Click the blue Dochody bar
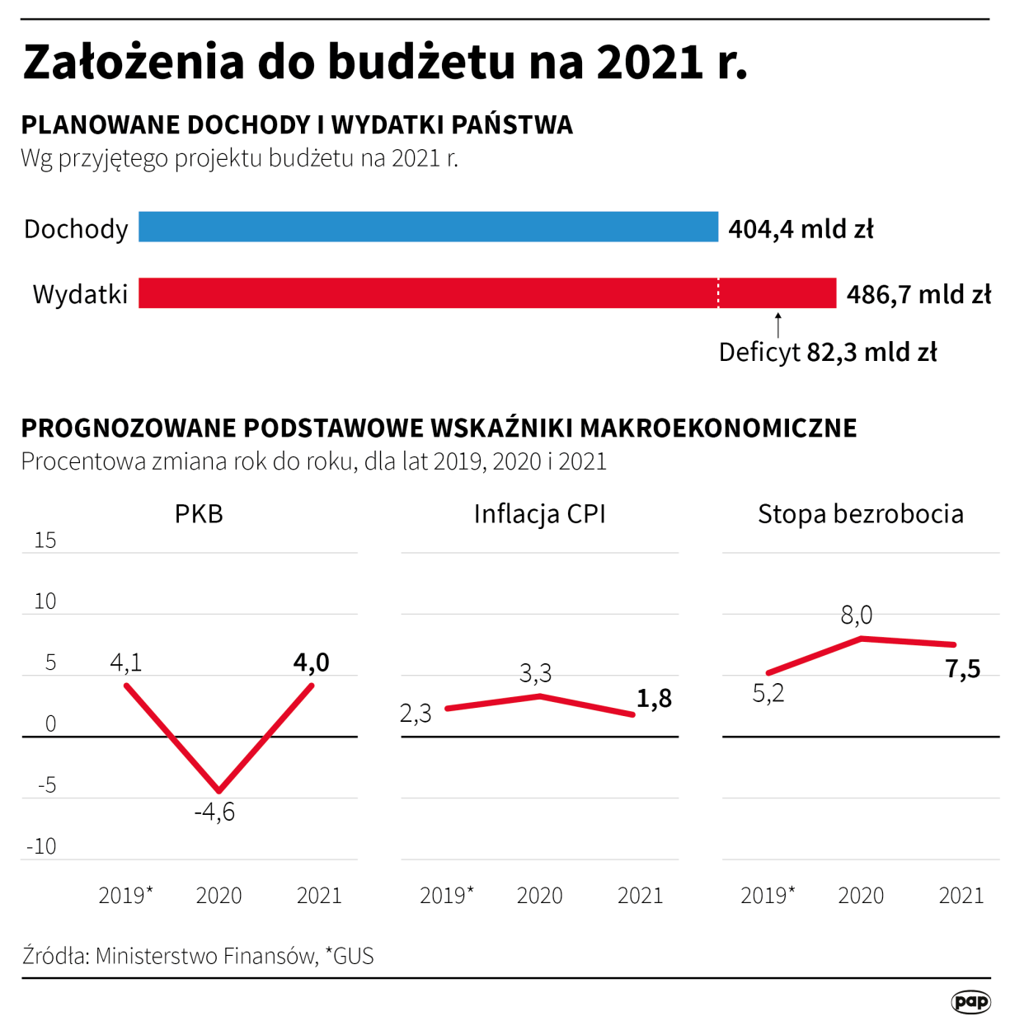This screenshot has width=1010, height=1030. (428, 227)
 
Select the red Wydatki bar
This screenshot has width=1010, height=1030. (486, 293)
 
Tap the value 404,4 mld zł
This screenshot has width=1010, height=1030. (800, 228)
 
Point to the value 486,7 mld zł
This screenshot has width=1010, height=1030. (918, 294)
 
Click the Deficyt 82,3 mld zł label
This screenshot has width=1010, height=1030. (827, 353)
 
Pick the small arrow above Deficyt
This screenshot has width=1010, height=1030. (777, 325)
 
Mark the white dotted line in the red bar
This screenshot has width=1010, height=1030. (718, 293)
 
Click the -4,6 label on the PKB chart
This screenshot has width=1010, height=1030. (214, 812)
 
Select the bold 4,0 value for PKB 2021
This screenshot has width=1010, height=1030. (311, 662)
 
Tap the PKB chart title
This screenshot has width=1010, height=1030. (199, 514)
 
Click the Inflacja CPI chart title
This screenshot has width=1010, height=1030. (539, 514)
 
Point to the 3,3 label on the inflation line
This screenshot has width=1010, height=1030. (535, 674)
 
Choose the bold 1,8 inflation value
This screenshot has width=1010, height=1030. (654, 699)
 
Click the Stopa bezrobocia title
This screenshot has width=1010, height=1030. (860, 514)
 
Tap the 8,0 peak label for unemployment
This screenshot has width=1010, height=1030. (856, 615)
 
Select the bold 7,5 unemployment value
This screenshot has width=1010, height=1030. (962, 669)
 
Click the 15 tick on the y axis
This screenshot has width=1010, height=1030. (45, 541)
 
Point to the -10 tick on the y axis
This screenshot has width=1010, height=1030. (41, 846)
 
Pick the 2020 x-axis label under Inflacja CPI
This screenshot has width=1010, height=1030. (539, 896)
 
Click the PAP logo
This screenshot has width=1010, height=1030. (970, 1002)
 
